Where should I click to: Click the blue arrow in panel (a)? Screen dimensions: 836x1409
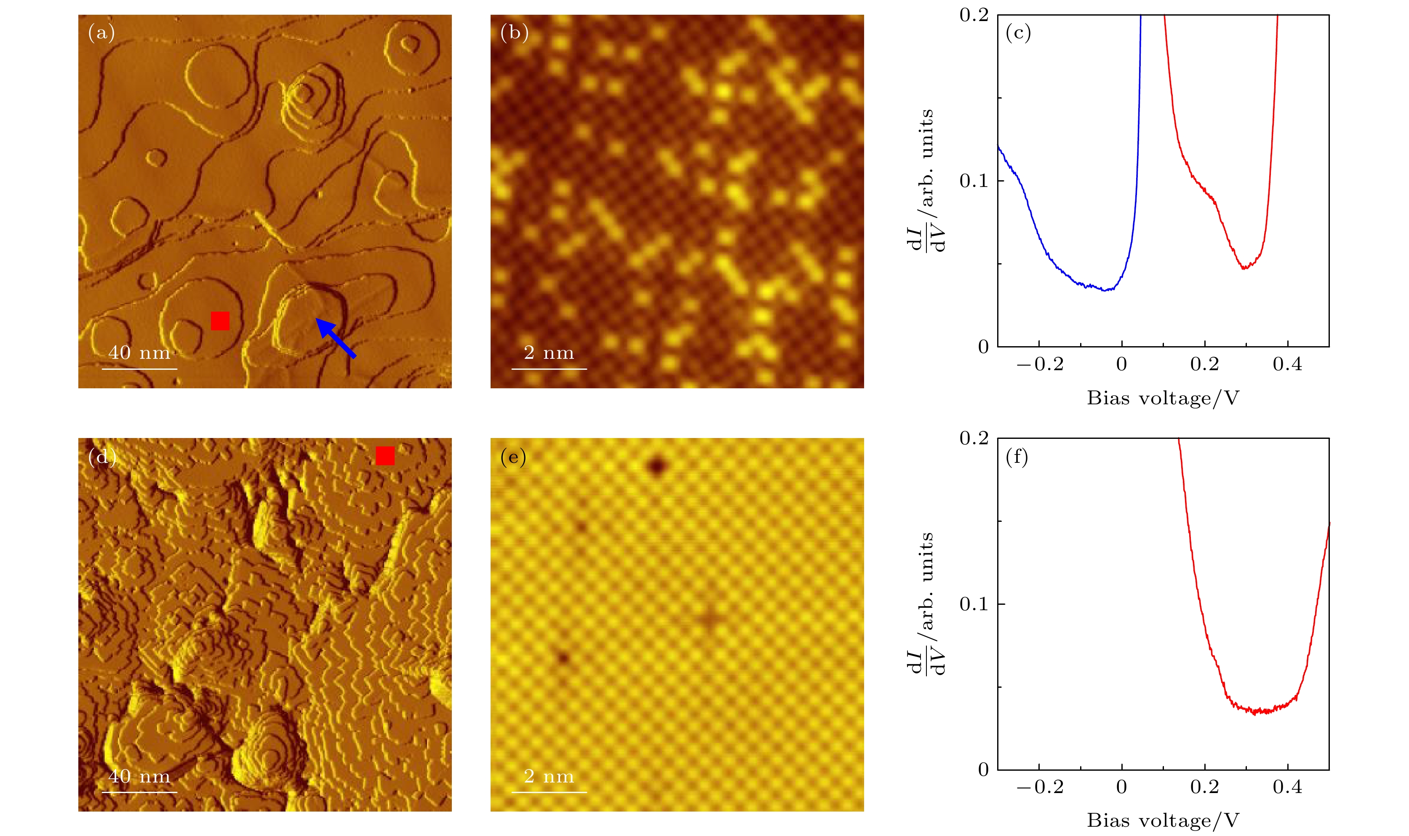[336, 337]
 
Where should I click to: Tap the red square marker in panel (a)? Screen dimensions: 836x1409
[220, 321]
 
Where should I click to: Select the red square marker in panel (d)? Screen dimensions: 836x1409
[385, 456]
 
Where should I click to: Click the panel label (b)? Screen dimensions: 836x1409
[514, 33]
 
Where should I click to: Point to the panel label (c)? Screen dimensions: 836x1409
[1018, 33]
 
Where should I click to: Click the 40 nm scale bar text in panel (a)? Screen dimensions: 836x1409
[139, 353]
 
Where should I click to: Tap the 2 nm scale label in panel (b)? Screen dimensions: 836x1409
[549, 353]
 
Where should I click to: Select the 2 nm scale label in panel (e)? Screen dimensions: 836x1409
[549, 776]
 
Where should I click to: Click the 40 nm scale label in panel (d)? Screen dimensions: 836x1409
[139, 776]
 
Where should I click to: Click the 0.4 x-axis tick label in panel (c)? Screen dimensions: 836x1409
[1287, 364]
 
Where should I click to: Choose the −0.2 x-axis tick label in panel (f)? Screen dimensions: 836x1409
[1040, 788]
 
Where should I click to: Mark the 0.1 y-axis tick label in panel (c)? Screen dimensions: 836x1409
[974, 181]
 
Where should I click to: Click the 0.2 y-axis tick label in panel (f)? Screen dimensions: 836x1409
[974, 438]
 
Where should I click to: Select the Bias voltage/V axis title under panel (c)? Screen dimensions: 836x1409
[1163, 398]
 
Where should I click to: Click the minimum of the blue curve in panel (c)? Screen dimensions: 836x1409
[1107, 290]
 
